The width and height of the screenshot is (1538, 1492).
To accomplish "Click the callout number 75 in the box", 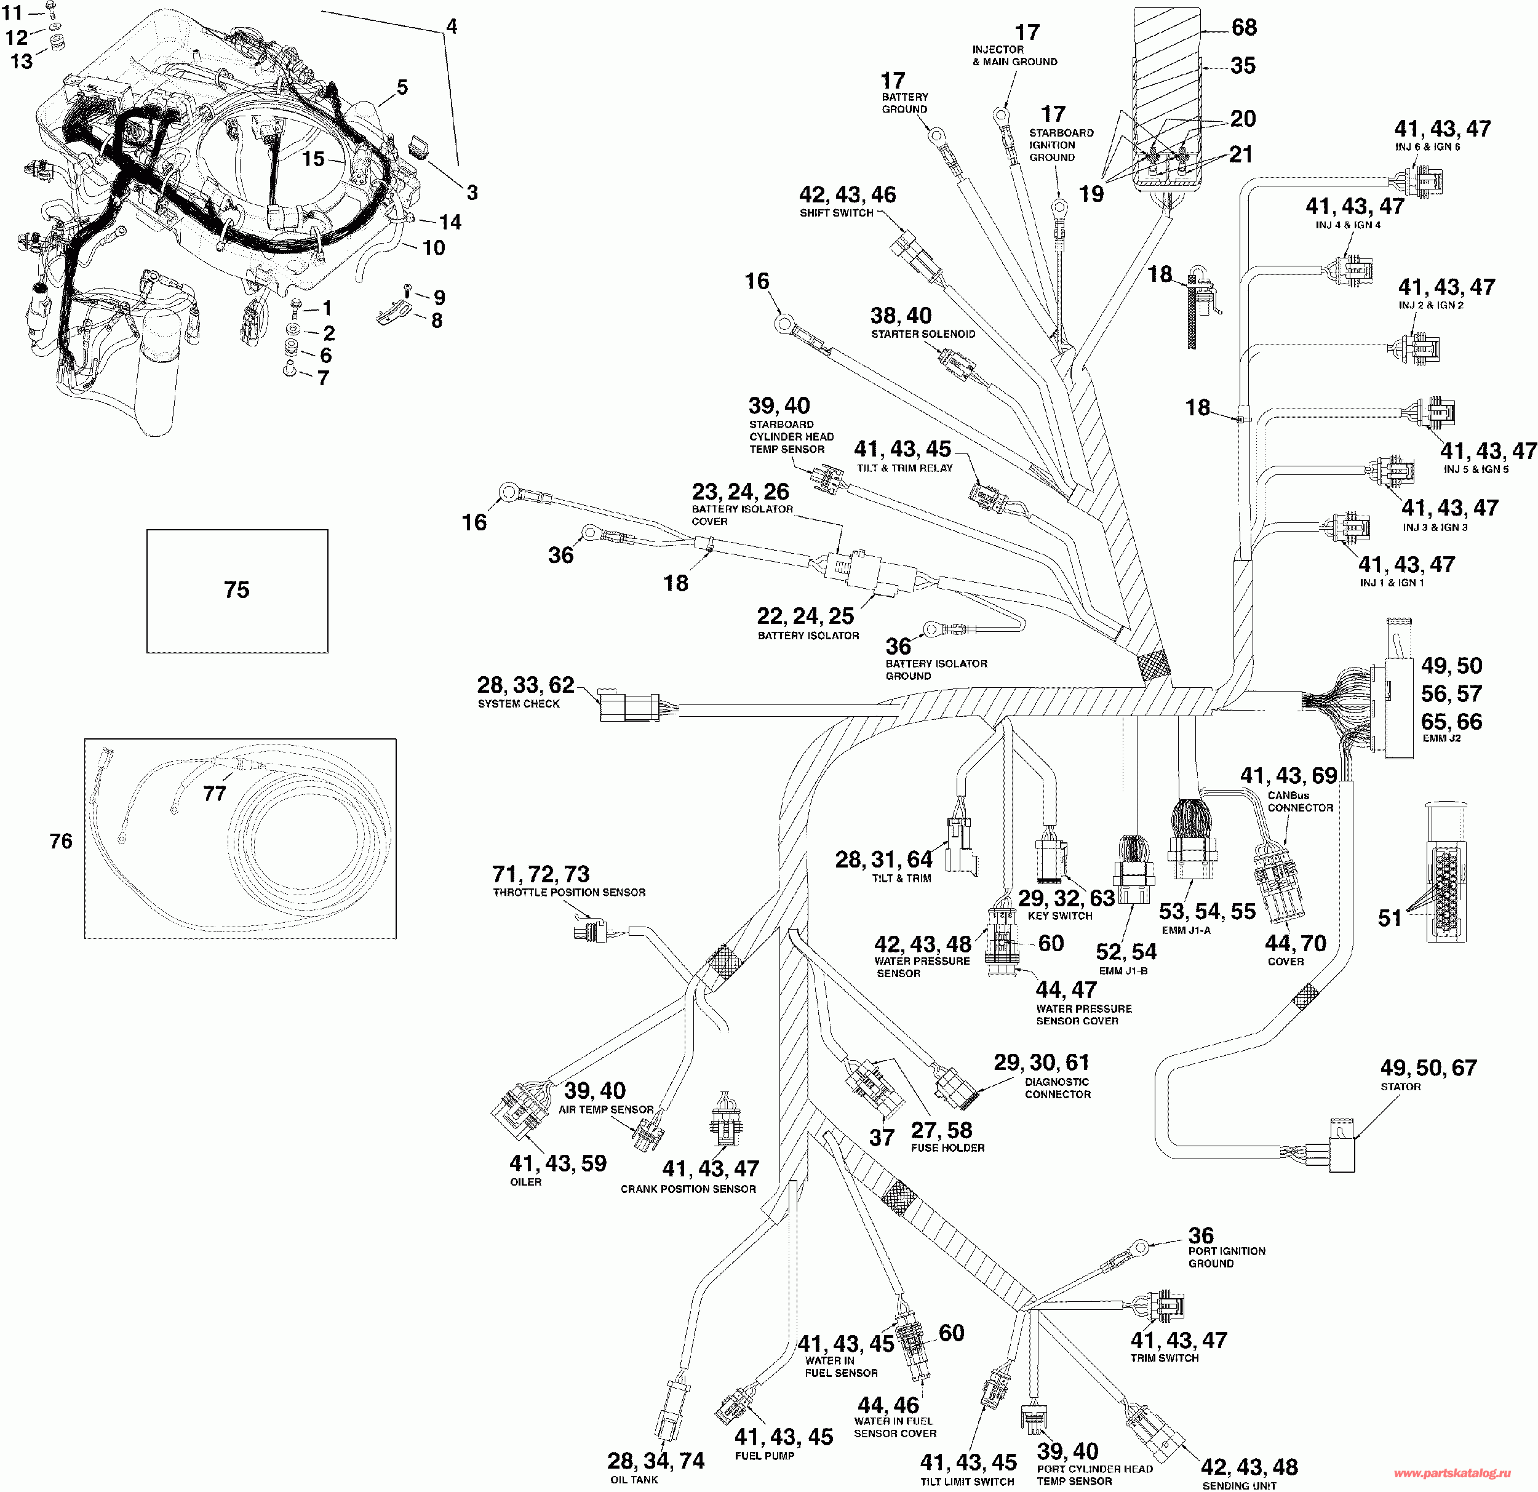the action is [x=236, y=589].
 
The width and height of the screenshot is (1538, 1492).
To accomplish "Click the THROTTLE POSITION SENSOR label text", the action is [x=569, y=892].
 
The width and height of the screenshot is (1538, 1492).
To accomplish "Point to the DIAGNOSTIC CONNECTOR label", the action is [x=1057, y=1088].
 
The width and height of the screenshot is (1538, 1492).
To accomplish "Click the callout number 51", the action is [x=1389, y=919].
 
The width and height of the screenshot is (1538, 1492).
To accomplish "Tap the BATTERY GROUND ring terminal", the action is [x=936, y=137].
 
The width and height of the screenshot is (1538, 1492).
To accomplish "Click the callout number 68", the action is [x=1245, y=28].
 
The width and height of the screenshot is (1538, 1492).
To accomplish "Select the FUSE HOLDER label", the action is [x=947, y=1147].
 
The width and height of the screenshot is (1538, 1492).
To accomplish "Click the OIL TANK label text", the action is [x=634, y=1480].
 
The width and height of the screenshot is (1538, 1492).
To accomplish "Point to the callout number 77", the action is [x=214, y=794].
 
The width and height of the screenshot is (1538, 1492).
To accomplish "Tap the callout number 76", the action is [x=60, y=840].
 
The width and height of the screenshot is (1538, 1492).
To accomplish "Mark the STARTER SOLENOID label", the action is [x=923, y=333].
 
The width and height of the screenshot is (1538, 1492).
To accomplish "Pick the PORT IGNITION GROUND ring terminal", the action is [x=1139, y=1245].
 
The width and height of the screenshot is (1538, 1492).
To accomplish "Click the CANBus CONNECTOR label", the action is [x=1301, y=801].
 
